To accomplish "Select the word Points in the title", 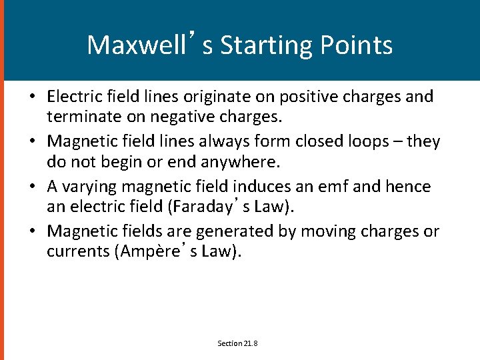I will click(357, 45).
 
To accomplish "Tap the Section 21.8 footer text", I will click(238, 343).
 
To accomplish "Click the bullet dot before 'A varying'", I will click(32, 187).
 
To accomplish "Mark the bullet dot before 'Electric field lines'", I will click(32, 97).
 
